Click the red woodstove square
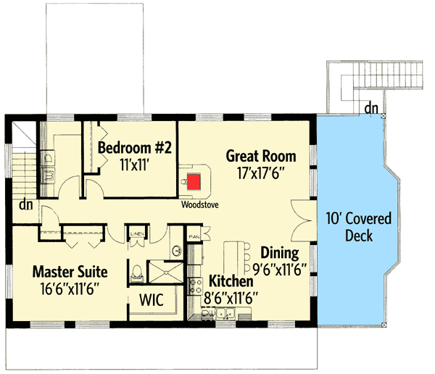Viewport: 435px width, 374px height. click(x=195, y=180)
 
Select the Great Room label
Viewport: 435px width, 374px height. click(x=261, y=155)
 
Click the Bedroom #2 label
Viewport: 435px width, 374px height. click(x=134, y=148)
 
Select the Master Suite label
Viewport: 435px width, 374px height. click(x=70, y=272)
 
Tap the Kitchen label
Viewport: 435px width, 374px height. click(x=231, y=280)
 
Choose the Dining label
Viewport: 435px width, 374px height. click(x=280, y=253)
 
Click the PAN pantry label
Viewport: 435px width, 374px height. click(x=194, y=236)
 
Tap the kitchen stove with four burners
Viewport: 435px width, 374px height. click(x=194, y=285)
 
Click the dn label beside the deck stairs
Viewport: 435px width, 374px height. click(x=371, y=109)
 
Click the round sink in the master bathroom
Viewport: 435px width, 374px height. click(x=177, y=252)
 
